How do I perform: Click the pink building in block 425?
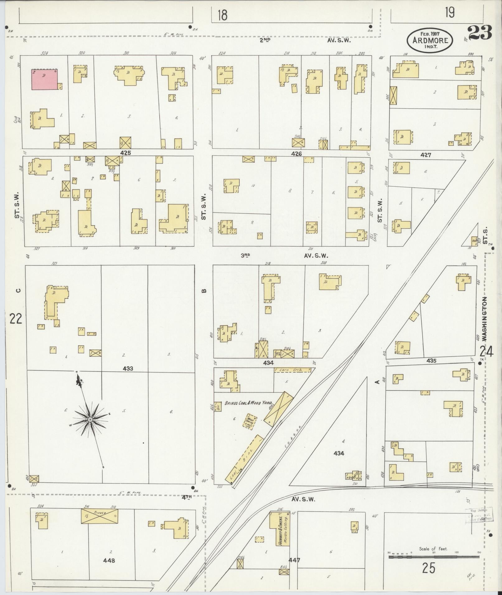[x=45, y=79]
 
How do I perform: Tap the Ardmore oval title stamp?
[x=430, y=40]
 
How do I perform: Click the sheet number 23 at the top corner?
[x=479, y=33]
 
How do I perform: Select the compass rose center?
[x=90, y=420]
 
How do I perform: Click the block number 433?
[x=128, y=369]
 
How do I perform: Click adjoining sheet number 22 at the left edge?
[x=16, y=318]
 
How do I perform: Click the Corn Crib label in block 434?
[x=293, y=370]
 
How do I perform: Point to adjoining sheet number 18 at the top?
[x=222, y=15]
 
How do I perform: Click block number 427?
[x=425, y=155]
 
